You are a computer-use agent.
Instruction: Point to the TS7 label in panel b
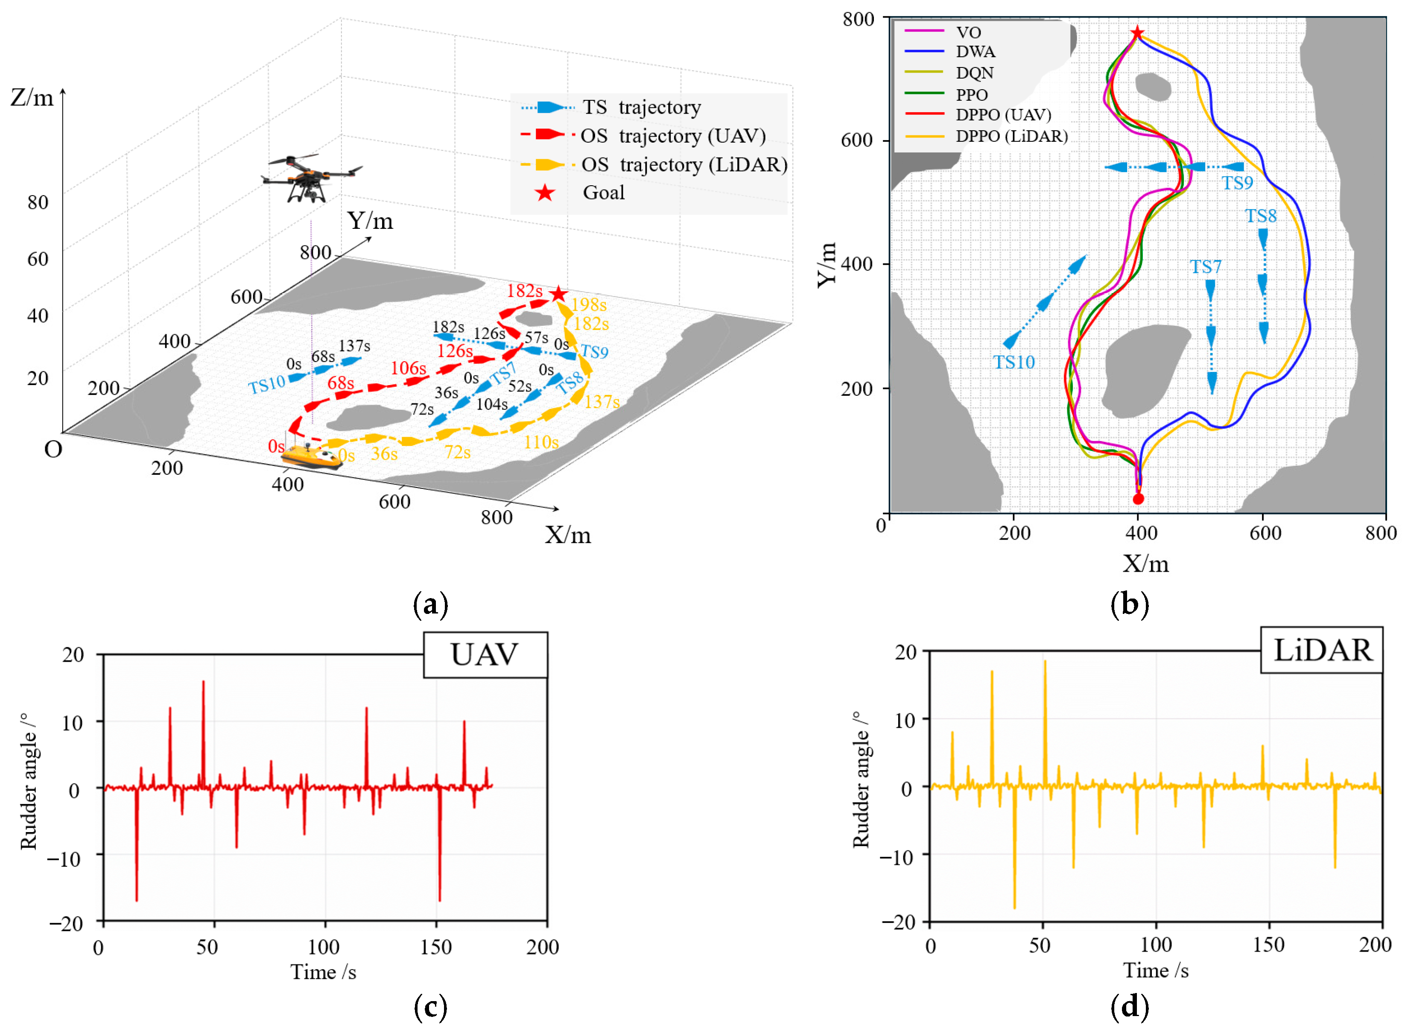1205,267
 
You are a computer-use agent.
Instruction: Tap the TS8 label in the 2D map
1260,216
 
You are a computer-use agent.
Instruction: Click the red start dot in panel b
1138,499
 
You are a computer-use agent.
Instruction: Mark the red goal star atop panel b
1137,32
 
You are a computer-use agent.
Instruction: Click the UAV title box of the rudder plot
485,655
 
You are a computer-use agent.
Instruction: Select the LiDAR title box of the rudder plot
1321,650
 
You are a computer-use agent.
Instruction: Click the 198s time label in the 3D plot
589,305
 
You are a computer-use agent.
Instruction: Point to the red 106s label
408,368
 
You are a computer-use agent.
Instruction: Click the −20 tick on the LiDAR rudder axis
899,922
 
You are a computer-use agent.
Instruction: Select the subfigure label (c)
431,1007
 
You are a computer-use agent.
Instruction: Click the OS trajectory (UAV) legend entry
673,136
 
